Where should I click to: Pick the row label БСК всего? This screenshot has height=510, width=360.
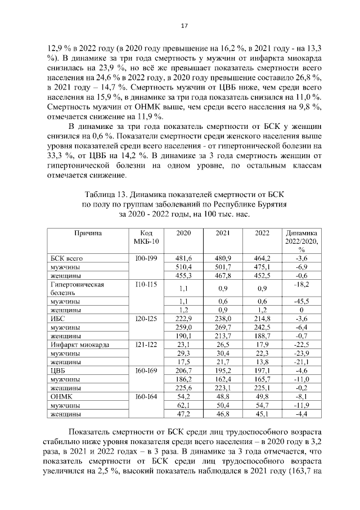coord(67,258)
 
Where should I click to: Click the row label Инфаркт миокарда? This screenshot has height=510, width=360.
coord(79,345)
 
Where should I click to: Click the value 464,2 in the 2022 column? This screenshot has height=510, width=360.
coord(262,258)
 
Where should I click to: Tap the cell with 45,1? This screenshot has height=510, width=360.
coord(262,414)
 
